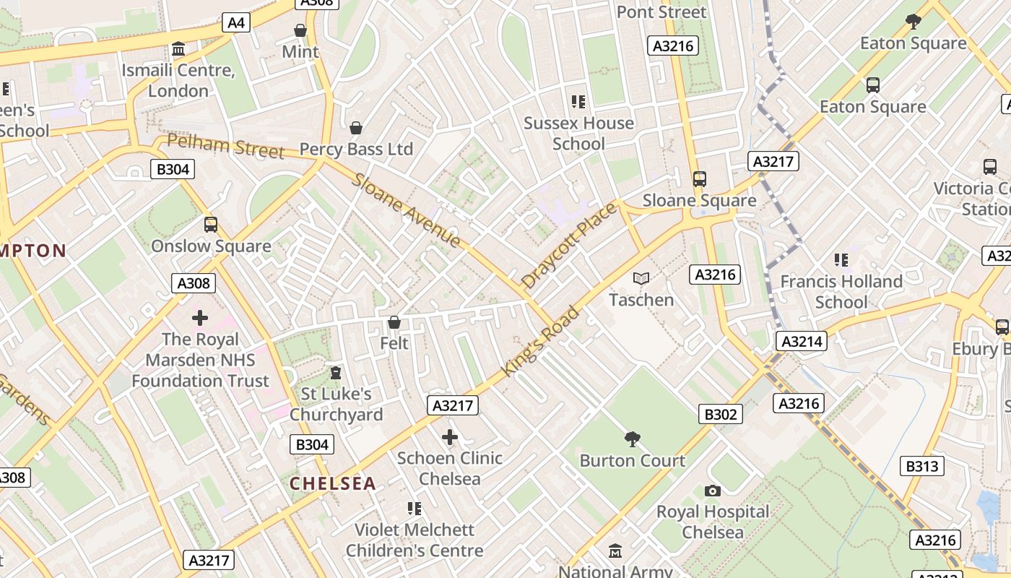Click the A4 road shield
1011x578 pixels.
236,22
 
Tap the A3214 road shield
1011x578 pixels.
802,340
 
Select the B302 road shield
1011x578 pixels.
721,414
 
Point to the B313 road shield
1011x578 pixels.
922,466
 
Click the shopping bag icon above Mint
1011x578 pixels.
300,30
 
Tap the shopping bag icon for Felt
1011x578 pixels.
394,322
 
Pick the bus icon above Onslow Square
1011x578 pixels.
211,225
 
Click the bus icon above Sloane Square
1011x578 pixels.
699,179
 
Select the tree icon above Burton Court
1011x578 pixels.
633,439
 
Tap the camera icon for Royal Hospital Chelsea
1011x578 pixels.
713,491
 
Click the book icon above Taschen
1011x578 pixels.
641,278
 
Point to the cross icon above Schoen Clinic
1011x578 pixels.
450,437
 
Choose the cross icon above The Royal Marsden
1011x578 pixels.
200,318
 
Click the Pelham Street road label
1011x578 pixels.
225,145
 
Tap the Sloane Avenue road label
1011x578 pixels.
407,210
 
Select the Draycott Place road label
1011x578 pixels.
569,246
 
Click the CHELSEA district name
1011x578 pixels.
333,483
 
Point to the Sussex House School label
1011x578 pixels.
578,133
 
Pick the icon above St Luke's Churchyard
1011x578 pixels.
335,373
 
